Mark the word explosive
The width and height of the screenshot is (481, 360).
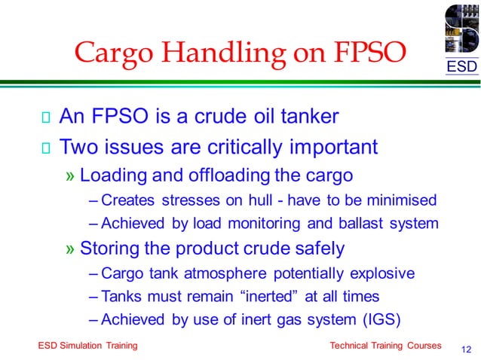pos(381,273)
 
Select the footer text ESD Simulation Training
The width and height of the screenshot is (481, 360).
pos(87,345)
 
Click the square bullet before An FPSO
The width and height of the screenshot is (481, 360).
pos(46,117)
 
